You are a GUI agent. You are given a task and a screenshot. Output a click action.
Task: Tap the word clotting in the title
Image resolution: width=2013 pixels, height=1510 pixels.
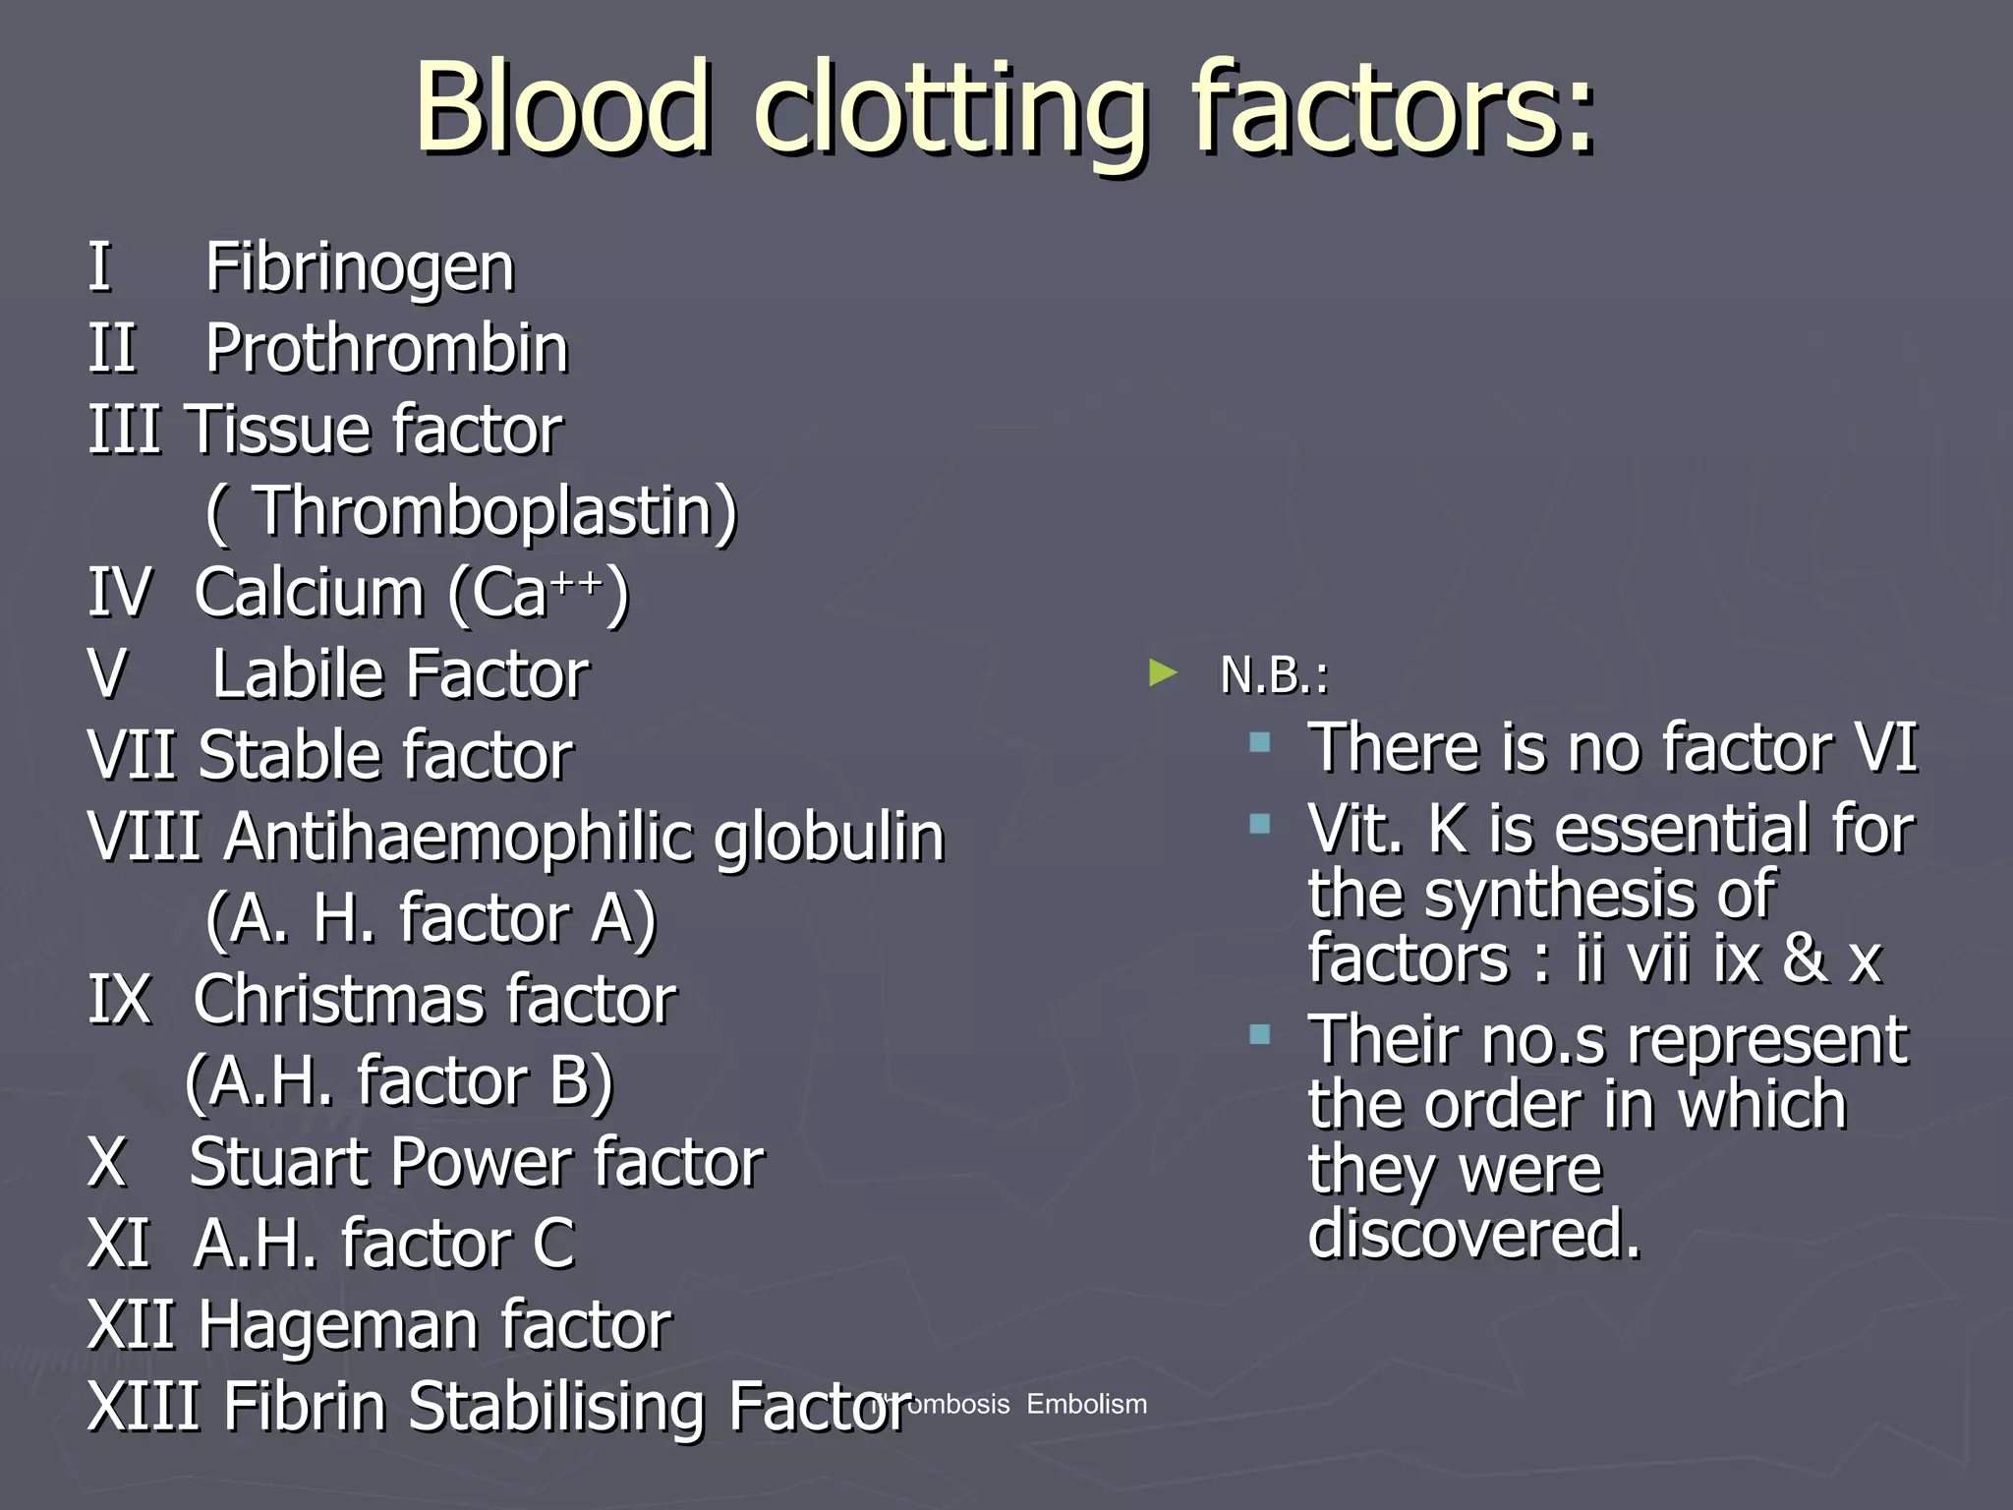pyautogui.click(x=949, y=110)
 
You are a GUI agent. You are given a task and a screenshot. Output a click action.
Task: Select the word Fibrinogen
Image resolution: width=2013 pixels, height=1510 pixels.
pyautogui.click(x=360, y=267)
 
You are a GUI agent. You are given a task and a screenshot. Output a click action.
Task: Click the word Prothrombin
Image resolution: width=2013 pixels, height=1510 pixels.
pyautogui.click(x=387, y=349)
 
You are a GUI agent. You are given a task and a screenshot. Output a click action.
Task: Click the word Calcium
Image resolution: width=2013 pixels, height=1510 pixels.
pyautogui.click(x=310, y=593)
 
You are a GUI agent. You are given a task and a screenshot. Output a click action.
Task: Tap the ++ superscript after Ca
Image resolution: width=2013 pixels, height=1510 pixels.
pyautogui.click(x=577, y=582)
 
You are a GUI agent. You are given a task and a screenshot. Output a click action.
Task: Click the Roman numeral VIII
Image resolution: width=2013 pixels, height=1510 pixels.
pyautogui.click(x=144, y=838)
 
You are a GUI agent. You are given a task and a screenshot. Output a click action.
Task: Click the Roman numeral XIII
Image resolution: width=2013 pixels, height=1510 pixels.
pyautogui.click(x=144, y=1406)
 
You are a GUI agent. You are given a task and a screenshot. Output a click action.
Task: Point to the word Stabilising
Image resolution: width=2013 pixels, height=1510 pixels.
pyautogui.click(x=556, y=1407)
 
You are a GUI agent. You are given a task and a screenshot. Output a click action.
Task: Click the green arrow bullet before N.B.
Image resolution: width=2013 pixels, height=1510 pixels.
pyautogui.click(x=1163, y=673)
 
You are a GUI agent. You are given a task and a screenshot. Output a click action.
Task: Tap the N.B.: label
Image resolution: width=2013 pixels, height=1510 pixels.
pyautogui.click(x=1274, y=675)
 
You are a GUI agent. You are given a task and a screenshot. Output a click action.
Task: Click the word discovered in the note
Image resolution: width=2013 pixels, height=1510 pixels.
pyautogui.click(x=1474, y=1234)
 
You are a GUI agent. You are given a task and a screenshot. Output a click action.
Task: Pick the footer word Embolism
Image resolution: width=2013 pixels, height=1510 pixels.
pyautogui.click(x=1086, y=1404)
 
